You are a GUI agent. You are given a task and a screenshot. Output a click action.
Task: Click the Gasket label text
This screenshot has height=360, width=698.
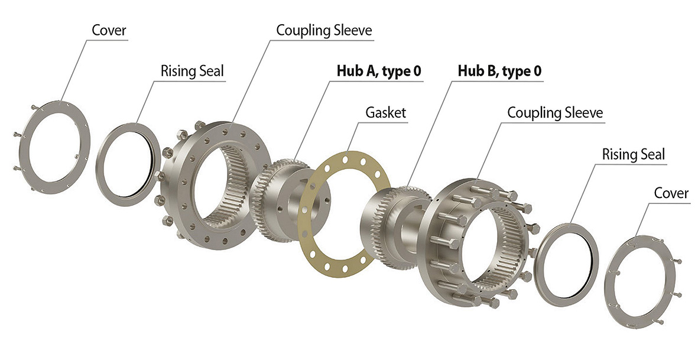[x=385, y=112]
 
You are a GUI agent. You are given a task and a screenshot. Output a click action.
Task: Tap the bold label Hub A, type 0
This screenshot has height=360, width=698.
[x=379, y=71]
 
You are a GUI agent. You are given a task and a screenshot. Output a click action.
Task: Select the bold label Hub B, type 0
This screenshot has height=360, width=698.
[x=500, y=71]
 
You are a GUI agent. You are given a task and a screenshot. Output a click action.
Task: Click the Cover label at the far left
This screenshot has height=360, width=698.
[x=109, y=30]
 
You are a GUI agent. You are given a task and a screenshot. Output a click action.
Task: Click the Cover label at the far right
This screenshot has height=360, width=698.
[x=671, y=193]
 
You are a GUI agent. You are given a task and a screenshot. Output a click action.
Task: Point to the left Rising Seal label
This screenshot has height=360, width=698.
[x=192, y=71]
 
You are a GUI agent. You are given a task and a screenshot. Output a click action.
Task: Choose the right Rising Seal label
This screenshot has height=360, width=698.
[x=634, y=154]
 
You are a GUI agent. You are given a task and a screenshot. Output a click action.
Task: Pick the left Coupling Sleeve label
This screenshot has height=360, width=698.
[x=324, y=31]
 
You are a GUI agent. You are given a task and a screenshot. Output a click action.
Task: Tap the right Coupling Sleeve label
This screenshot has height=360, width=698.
[x=555, y=112]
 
